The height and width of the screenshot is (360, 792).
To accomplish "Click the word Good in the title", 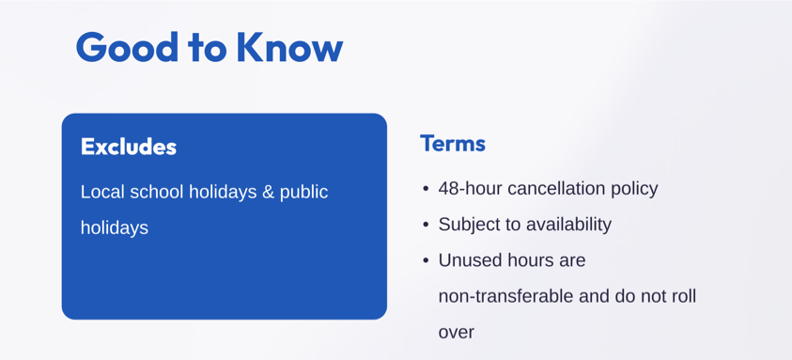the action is (127, 47).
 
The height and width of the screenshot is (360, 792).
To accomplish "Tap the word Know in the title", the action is (290, 47).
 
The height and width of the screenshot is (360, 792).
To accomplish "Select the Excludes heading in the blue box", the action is (129, 147).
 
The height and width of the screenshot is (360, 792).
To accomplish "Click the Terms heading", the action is (453, 144).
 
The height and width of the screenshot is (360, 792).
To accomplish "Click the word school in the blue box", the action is (157, 192).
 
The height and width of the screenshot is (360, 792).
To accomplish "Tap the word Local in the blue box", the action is (102, 192).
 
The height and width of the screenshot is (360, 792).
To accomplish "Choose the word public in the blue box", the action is (304, 193).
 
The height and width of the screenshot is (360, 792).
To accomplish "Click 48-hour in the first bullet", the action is (471, 189).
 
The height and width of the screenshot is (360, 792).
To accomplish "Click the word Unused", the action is (467, 260).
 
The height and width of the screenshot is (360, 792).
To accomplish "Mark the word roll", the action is (684, 297).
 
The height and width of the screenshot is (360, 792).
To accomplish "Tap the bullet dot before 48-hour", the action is (426, 190).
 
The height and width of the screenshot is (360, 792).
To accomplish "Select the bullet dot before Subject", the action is (426, 225).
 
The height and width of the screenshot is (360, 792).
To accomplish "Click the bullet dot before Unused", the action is (426, 261).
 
